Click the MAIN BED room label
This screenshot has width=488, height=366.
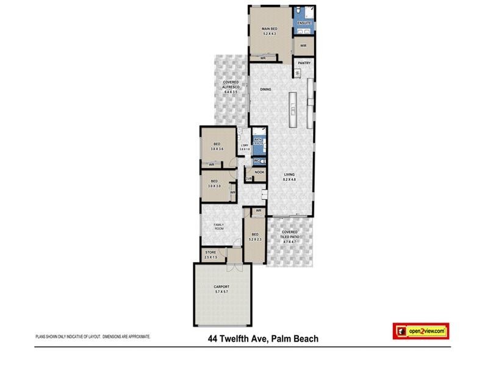coord(270,29)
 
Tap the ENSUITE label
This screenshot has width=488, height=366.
coord(304,23)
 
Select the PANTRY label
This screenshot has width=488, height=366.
coord(303,63)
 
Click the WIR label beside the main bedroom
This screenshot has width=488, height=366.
coord(303,46)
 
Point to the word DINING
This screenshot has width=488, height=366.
coord(265,90)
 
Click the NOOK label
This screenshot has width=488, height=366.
coord(259,173)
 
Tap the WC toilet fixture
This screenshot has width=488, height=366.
coord(259,161)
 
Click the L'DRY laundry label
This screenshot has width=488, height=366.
coord(244,145)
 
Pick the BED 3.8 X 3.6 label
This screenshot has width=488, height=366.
coord(217,146)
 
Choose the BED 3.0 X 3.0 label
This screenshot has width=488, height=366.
coord(214,183)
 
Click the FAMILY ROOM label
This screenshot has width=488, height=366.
coord(218,227)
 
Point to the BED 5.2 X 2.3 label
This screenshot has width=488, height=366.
coord(255,237)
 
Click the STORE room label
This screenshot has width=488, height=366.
coord(210,254)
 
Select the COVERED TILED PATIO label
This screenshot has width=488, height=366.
coord(289,237)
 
